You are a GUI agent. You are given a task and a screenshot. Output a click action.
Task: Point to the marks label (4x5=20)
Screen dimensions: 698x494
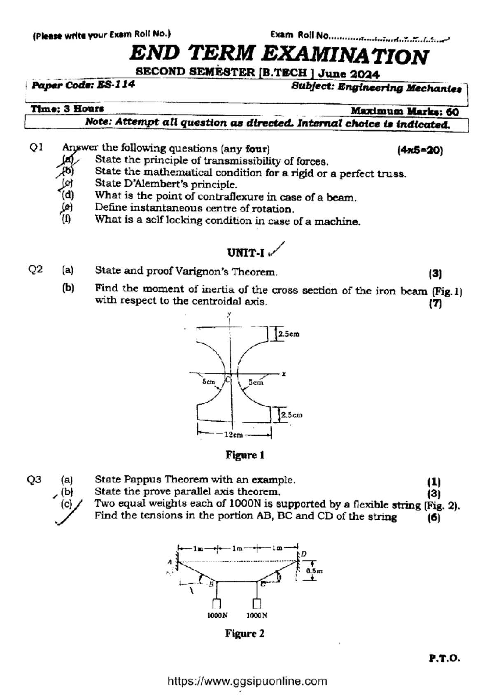[420, 150]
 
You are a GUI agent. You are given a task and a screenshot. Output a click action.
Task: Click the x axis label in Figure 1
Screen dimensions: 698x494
[284, 374]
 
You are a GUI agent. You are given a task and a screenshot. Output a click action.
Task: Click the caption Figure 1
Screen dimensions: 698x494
[245, 455]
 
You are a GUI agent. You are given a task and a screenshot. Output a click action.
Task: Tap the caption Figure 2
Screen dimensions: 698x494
[245, 633]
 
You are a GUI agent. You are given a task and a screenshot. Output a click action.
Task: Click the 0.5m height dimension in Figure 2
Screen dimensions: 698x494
[315, 571]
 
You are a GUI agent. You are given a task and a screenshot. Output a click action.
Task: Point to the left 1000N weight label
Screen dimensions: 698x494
[217, 616]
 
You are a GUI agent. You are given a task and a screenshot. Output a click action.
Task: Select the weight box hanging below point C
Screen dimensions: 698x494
[257, 603]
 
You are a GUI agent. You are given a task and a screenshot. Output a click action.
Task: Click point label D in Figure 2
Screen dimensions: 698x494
[304, 554]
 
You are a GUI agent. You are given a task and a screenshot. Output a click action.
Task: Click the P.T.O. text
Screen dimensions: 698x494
[444, 658]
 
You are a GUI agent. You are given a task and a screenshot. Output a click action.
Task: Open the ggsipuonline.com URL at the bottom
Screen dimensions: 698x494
[247, 681]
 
